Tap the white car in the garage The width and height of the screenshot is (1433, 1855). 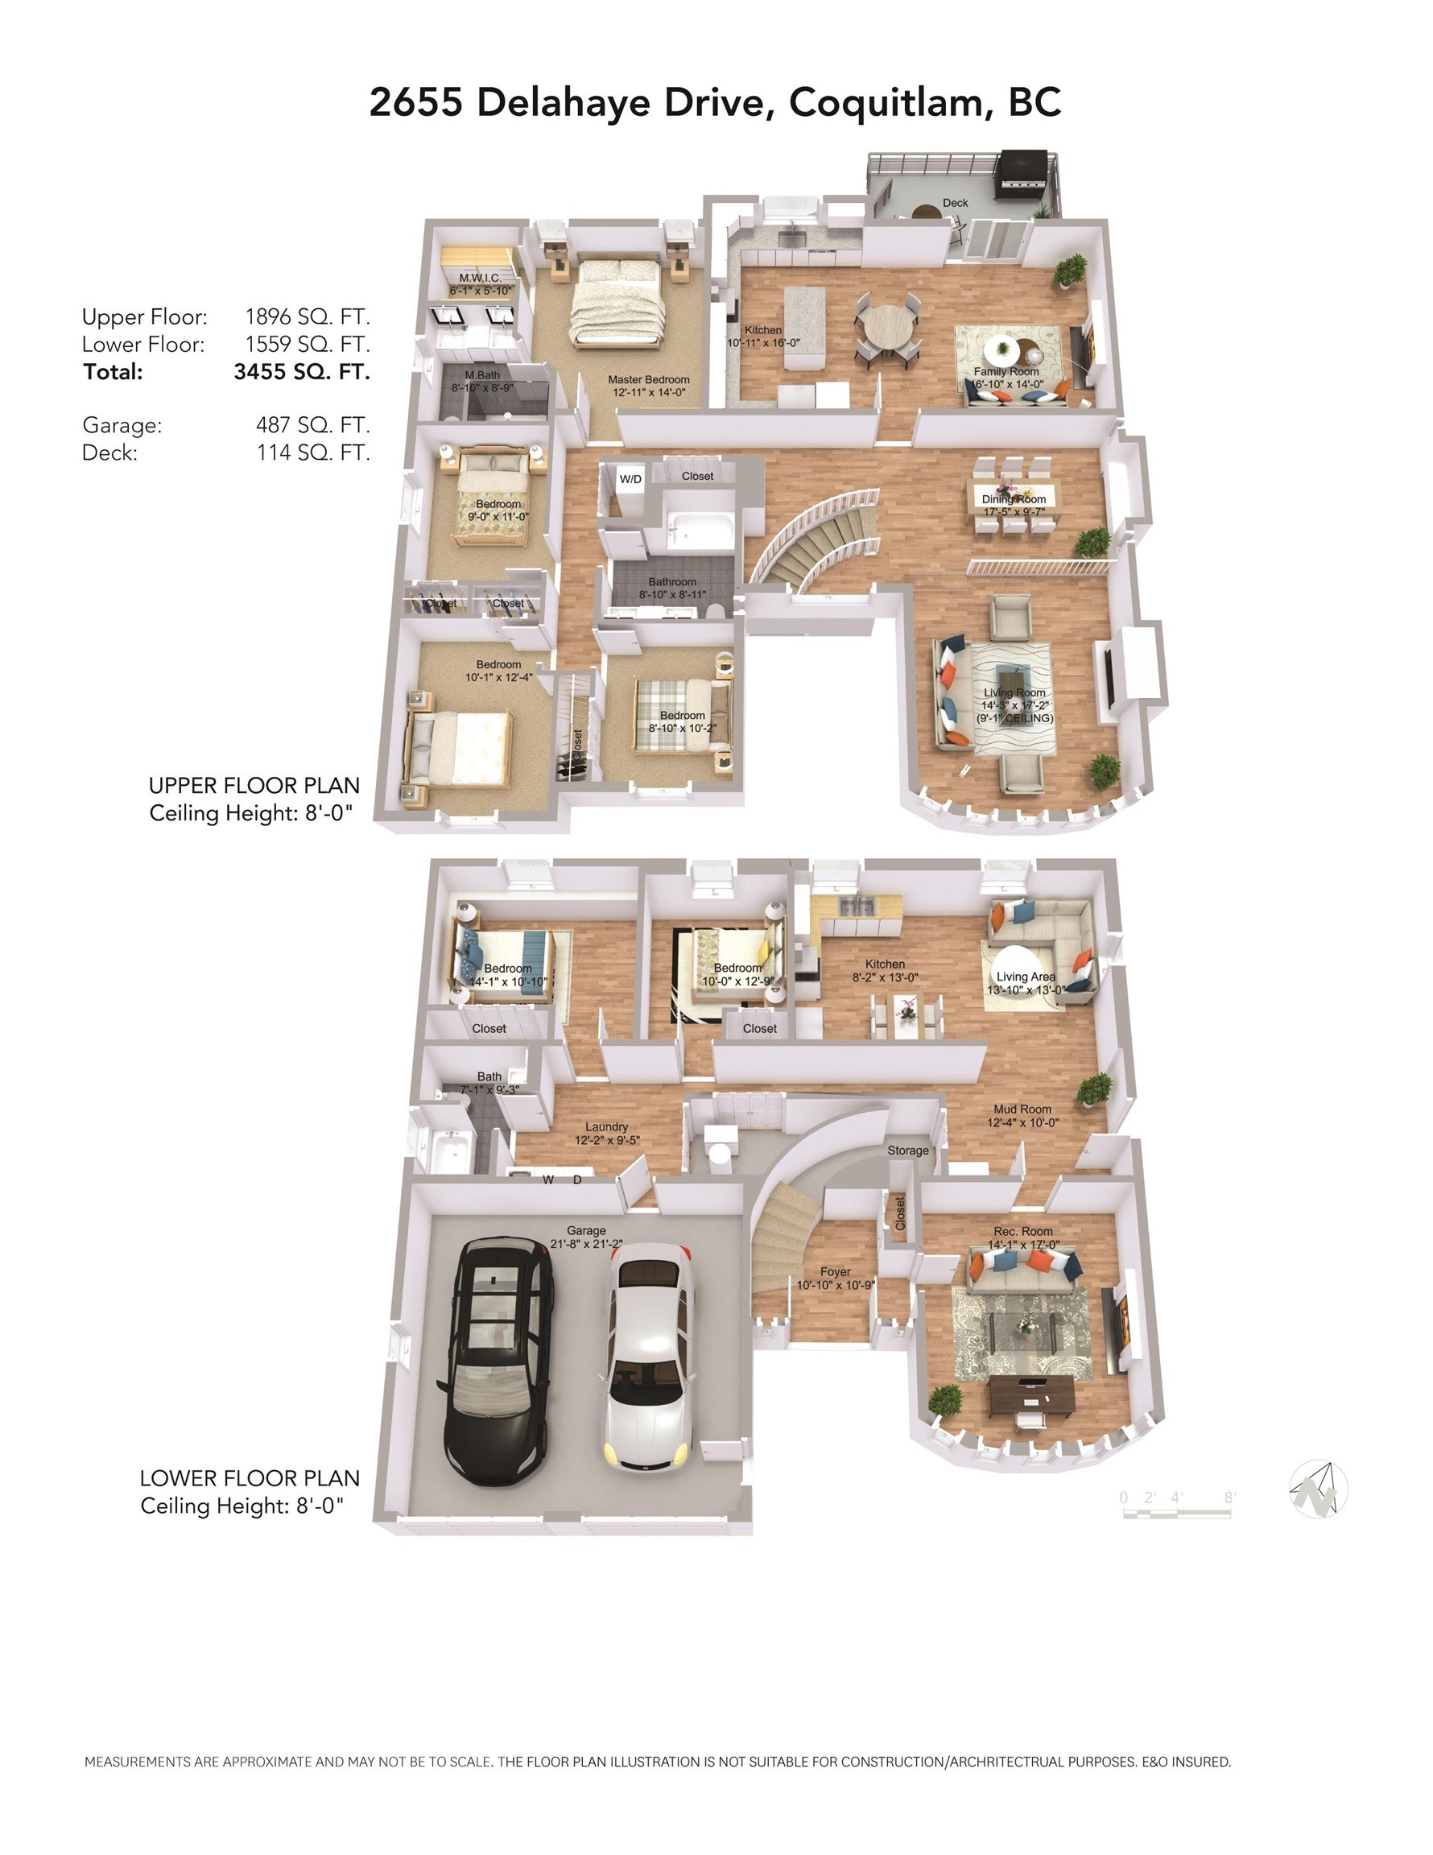[x=648, y=1355]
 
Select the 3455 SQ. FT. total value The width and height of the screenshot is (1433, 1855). [x=302, y=372]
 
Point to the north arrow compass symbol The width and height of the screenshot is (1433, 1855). [x=1318, y=1489]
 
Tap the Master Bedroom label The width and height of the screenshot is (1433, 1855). [x=648, y=380]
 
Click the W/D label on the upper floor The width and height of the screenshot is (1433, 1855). [x=630, y=479]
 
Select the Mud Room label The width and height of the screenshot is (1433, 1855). [x=1022, y=1109]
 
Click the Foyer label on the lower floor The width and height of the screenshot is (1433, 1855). [x=835, y=1271]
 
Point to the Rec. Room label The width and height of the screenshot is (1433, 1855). [x=1022, y=1231]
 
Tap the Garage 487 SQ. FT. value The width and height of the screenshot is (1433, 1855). [x=312, y=424]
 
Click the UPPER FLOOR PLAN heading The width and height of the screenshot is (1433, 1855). [x=254, y=785]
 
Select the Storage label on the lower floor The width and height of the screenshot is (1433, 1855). [x=907, y=1150]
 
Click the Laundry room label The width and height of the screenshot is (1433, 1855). [x=605, y=1127]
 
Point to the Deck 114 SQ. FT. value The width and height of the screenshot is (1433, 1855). [x=312, y=452]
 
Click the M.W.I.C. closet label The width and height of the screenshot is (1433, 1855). [x=480, y=278]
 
